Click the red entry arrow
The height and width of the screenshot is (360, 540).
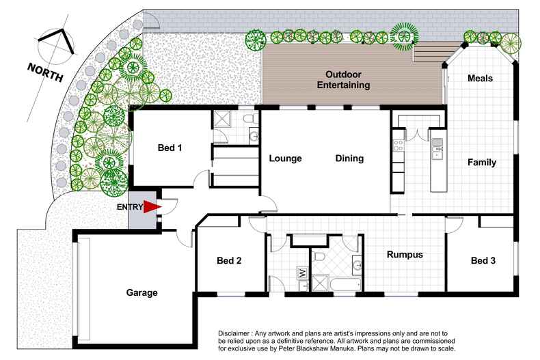(152, 207)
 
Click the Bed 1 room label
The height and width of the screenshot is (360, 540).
(170, 148)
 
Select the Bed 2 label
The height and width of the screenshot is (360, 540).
(230, 260)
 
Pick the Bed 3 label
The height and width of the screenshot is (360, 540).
(483, 260)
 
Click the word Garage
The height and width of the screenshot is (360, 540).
(141, 293)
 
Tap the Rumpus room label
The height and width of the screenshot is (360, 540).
(405, 255)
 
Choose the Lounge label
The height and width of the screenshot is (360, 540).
(285, 158)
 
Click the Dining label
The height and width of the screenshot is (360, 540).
(349, 158)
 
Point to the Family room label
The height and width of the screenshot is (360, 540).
(482, 163)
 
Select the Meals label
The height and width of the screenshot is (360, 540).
(480, 79)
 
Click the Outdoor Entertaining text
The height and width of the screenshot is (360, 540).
(348, 80)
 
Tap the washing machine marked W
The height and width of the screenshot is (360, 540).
(301, 273)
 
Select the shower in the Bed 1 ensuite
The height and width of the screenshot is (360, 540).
(223, 120)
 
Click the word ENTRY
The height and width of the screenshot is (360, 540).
(131, 207)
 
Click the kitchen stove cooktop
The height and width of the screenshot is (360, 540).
(397, 144)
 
